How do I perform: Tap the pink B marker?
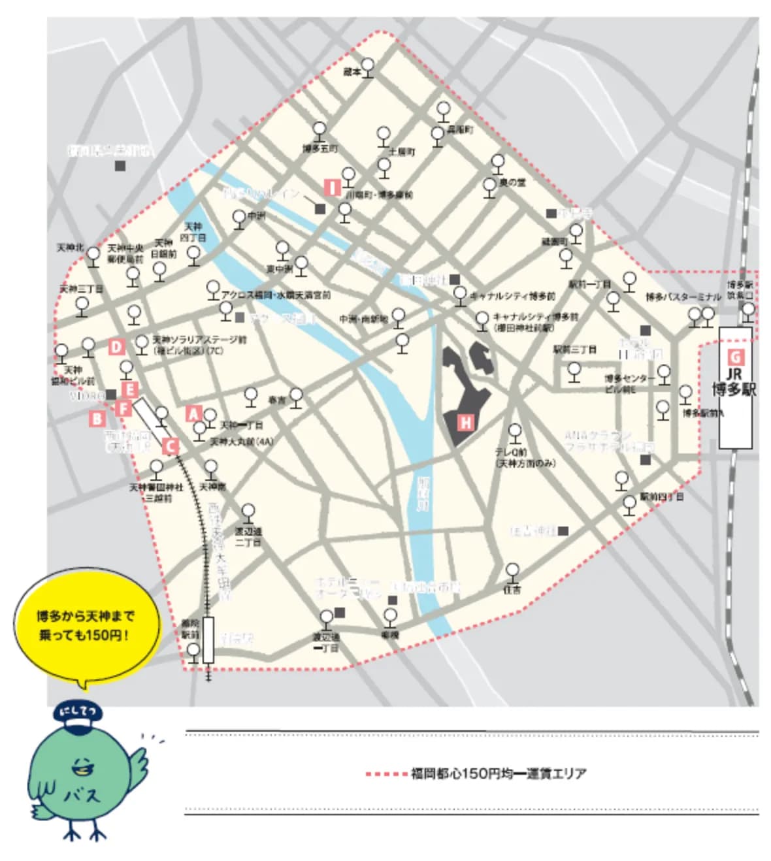point(97,419)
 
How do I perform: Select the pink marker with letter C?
point(170,446)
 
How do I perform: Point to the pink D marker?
point(117,347)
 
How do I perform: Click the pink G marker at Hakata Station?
point(735,357)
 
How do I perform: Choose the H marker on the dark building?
point(465,422)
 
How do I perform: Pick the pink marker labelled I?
point(333,188)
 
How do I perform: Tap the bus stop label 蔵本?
point(352,73)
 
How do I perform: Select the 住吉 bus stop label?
point(512,589)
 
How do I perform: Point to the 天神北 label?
point(70,249)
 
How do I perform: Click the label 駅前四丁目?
point(661,497)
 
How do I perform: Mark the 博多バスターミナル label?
point(683,297)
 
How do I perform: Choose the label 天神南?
point(212,487)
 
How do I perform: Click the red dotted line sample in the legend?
point(386,774)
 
